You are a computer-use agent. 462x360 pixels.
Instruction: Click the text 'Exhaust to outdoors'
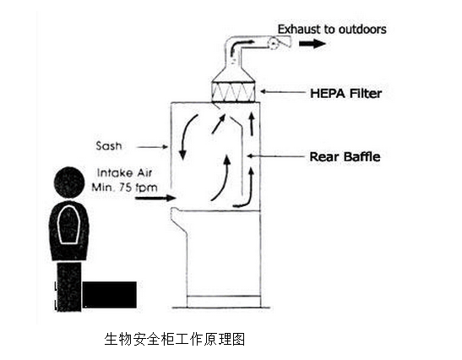pos(332,30)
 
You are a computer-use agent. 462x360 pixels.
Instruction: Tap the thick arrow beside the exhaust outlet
pos(313,44)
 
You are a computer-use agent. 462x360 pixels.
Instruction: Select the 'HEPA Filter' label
pos(346,93)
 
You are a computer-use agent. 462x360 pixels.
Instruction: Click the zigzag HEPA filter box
pos(233,92)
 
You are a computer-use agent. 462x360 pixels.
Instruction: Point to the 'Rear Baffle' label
pos(345,156)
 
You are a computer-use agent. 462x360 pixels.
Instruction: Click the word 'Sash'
pos(109,145)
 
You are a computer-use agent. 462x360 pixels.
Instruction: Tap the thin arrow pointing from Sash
pos(152,146)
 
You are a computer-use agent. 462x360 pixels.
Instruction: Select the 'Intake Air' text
pos(124,172)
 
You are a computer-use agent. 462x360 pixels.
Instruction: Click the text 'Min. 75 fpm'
pos(124,188)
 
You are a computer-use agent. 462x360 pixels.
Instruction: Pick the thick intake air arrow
pos(155,198)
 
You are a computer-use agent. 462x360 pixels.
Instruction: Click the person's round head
pos(69,183)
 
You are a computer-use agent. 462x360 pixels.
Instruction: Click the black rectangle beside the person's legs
pos(109,295)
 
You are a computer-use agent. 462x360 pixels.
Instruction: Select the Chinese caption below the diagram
pos(175,339)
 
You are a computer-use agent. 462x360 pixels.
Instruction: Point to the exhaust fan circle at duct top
pos(274,44)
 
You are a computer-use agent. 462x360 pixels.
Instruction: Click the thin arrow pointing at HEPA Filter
pos(283,92)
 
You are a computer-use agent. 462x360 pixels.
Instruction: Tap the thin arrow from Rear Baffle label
pos(276,156)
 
